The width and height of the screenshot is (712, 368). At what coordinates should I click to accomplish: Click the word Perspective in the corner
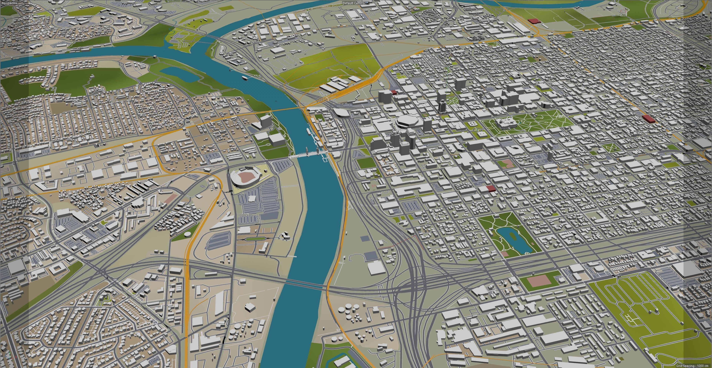(9, 3)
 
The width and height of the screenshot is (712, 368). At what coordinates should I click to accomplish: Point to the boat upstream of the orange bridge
(245, 78)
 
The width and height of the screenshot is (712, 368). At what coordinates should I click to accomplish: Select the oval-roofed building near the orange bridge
(342, 113)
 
